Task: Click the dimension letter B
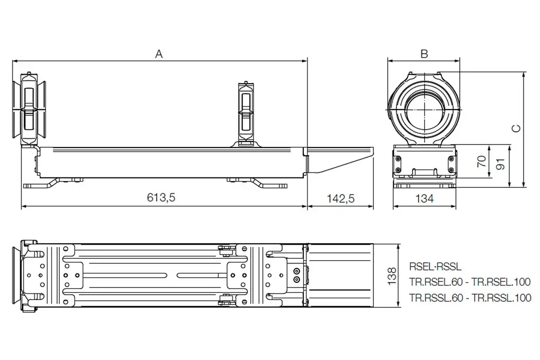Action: (424, 53)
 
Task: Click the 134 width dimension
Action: (424, 198)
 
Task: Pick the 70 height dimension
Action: (481, 163)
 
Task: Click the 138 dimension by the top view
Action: (391, 276)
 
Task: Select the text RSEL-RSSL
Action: (436, 267)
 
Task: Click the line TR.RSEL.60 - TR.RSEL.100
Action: (470, 282)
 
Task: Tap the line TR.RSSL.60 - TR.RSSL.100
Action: (470, 297)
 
